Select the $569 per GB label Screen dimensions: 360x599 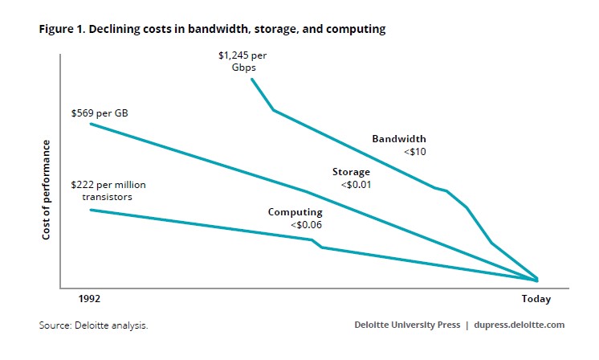pos(100,113)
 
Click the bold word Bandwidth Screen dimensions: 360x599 pos(398,139)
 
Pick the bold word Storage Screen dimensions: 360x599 pos(351,172)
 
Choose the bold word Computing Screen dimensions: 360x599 pos(295,212)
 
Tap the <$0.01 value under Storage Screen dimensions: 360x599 pos(354,184)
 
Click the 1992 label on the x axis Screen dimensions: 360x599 pos(89,299)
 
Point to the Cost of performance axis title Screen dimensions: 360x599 pos(47,190)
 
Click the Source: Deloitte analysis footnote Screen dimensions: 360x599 pos(93,325)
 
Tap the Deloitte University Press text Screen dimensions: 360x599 pos(407,325)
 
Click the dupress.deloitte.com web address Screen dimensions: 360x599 pos(519,325)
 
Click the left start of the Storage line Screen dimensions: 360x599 pos(90,123)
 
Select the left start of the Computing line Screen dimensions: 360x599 pos(90,210)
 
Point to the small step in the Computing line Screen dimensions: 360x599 pos(316,243)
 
